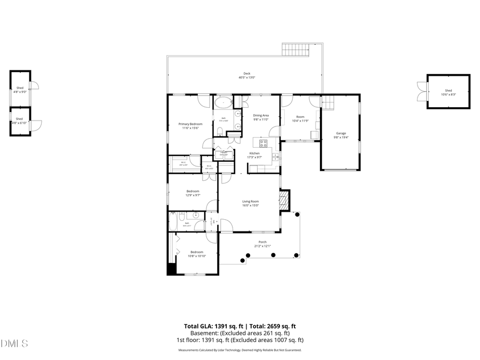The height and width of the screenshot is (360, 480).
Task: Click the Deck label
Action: (246, 74)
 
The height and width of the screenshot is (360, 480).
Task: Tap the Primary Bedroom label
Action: (190, 124)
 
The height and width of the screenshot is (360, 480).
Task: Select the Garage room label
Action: (341, 133)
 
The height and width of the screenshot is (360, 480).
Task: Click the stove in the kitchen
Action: (263, 143)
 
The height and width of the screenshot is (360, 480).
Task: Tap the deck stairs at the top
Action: (296, 50)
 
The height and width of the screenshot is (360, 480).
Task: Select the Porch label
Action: (262, 242)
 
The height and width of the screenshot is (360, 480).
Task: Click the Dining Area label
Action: (261, 115)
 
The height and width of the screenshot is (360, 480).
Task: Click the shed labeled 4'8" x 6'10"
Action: (19, 121)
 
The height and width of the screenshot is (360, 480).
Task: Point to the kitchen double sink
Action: (275, 156)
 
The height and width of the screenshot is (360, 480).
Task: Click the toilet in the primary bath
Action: (220, 131)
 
